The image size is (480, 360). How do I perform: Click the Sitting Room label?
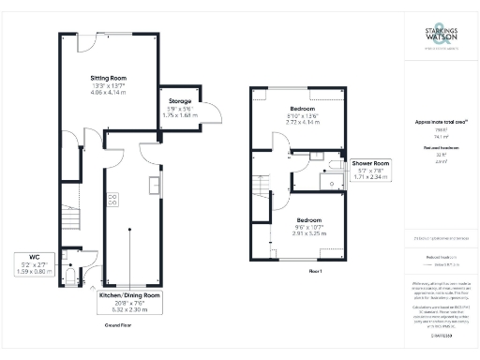109,78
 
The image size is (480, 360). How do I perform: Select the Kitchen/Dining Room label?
130,294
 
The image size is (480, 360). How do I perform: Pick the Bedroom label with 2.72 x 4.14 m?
306,109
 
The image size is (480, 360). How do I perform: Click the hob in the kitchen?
112,199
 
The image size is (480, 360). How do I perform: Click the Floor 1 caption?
314,271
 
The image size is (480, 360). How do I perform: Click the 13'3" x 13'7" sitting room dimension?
109,87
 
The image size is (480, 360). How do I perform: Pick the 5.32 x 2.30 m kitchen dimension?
130,310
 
